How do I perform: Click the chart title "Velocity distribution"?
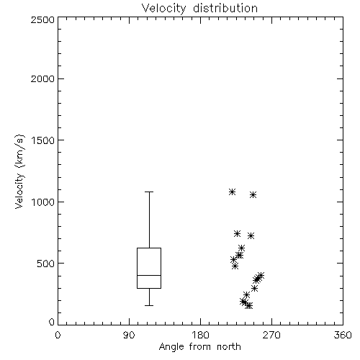[199, 9]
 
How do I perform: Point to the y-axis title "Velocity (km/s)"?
[19, 171]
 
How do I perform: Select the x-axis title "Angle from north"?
[199, 346]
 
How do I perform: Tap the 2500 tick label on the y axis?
[42, 19]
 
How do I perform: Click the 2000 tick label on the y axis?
[42, 78]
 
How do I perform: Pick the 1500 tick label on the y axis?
[43, 140]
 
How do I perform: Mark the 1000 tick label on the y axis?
[43, 202]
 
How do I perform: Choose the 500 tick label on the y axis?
[46, 264]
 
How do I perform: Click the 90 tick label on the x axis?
[129, 335]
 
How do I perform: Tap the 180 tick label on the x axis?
[200, 335]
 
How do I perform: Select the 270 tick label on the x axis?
[271, 335]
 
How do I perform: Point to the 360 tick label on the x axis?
[343, 335]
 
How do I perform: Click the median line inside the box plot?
[149, 275]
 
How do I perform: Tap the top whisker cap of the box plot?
[149, 192]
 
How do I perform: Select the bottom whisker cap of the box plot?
[149, 305]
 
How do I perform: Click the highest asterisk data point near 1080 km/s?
[232, 192]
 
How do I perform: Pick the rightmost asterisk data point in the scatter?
[261, 275]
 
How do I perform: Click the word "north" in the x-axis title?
[229, 346]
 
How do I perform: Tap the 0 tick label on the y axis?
[52, 322]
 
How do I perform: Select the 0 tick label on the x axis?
[58, 335]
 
